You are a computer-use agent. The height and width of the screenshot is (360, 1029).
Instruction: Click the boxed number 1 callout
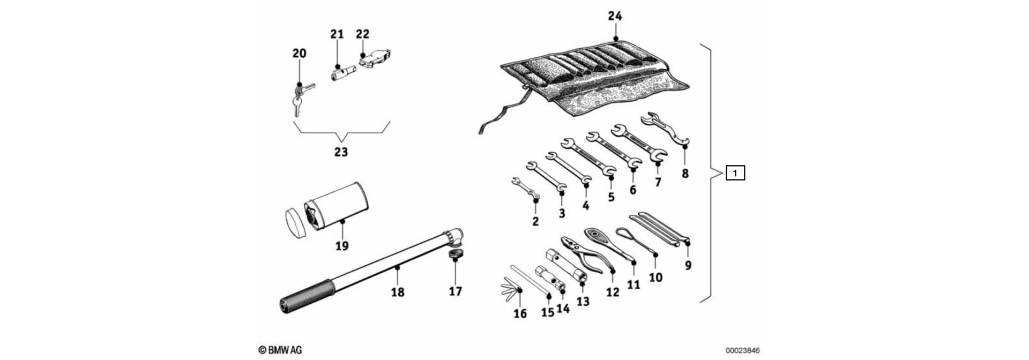735,173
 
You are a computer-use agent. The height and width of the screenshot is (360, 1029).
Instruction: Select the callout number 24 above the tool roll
615,16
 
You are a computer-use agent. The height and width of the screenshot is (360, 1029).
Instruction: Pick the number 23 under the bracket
341,152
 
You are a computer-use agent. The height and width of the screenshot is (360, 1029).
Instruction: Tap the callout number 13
583,301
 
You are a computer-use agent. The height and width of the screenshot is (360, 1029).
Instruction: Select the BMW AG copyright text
280,350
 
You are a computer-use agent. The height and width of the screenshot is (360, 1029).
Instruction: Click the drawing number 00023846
743,350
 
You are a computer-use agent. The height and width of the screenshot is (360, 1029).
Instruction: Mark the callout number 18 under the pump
397,292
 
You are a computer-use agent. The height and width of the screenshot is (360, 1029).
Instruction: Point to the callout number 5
611,197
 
